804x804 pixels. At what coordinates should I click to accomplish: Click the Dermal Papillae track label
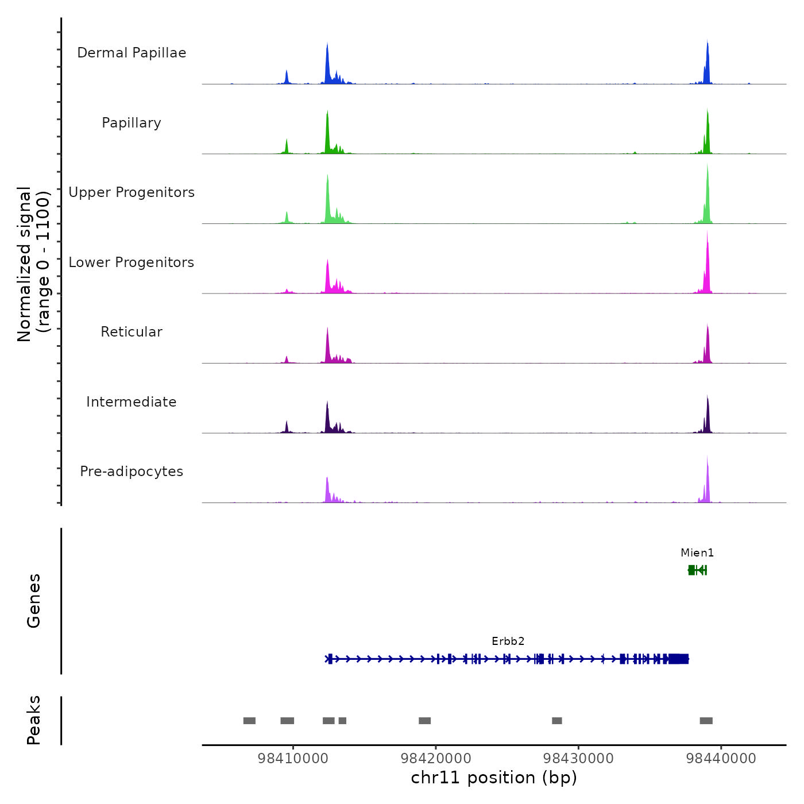pyautogui.click(x=132, y=53)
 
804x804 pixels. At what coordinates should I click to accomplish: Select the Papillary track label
pyautogui.click(x=132, y=123)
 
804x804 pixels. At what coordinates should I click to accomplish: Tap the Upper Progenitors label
pyautogui.click(x=132, y=192)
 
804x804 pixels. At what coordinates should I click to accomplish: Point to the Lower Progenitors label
pyautogui.click(x=132, y=262)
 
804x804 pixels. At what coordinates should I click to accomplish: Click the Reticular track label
pyautogui.click(x=132, y=332)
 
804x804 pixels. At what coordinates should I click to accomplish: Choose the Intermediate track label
pyautogui.click(x=132, y=402)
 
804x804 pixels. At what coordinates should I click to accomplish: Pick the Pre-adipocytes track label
pyautogui.click(x=132, y=471)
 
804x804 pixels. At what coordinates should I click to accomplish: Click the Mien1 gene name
pyautogui.click(x=697, y=553)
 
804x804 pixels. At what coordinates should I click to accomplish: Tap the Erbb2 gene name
pyautogui.click(x=508, y=641)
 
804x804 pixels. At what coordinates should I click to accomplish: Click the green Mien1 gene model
pyautogui.click(x=697, y=570)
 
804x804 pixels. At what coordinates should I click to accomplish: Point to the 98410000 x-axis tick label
pyautogui.click(x=293, y=759)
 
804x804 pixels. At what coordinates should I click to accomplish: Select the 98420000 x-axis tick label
pyautogui.click(x=436, y=759)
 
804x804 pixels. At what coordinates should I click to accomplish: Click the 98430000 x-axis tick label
pyautogui.click(x=578, y=759)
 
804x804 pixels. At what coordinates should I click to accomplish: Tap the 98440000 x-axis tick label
pyautogui.click(x=721, y=759)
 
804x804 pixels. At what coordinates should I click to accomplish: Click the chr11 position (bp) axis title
pyautogui.click(x=494, y=778)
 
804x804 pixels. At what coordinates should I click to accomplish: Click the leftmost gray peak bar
pyautogui.click(x=249, y=721)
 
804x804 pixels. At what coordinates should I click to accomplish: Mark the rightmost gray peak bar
pyautogui.click(x=706, y=721)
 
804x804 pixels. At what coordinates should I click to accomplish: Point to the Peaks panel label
pyautogui.click(x=34, y=720)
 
